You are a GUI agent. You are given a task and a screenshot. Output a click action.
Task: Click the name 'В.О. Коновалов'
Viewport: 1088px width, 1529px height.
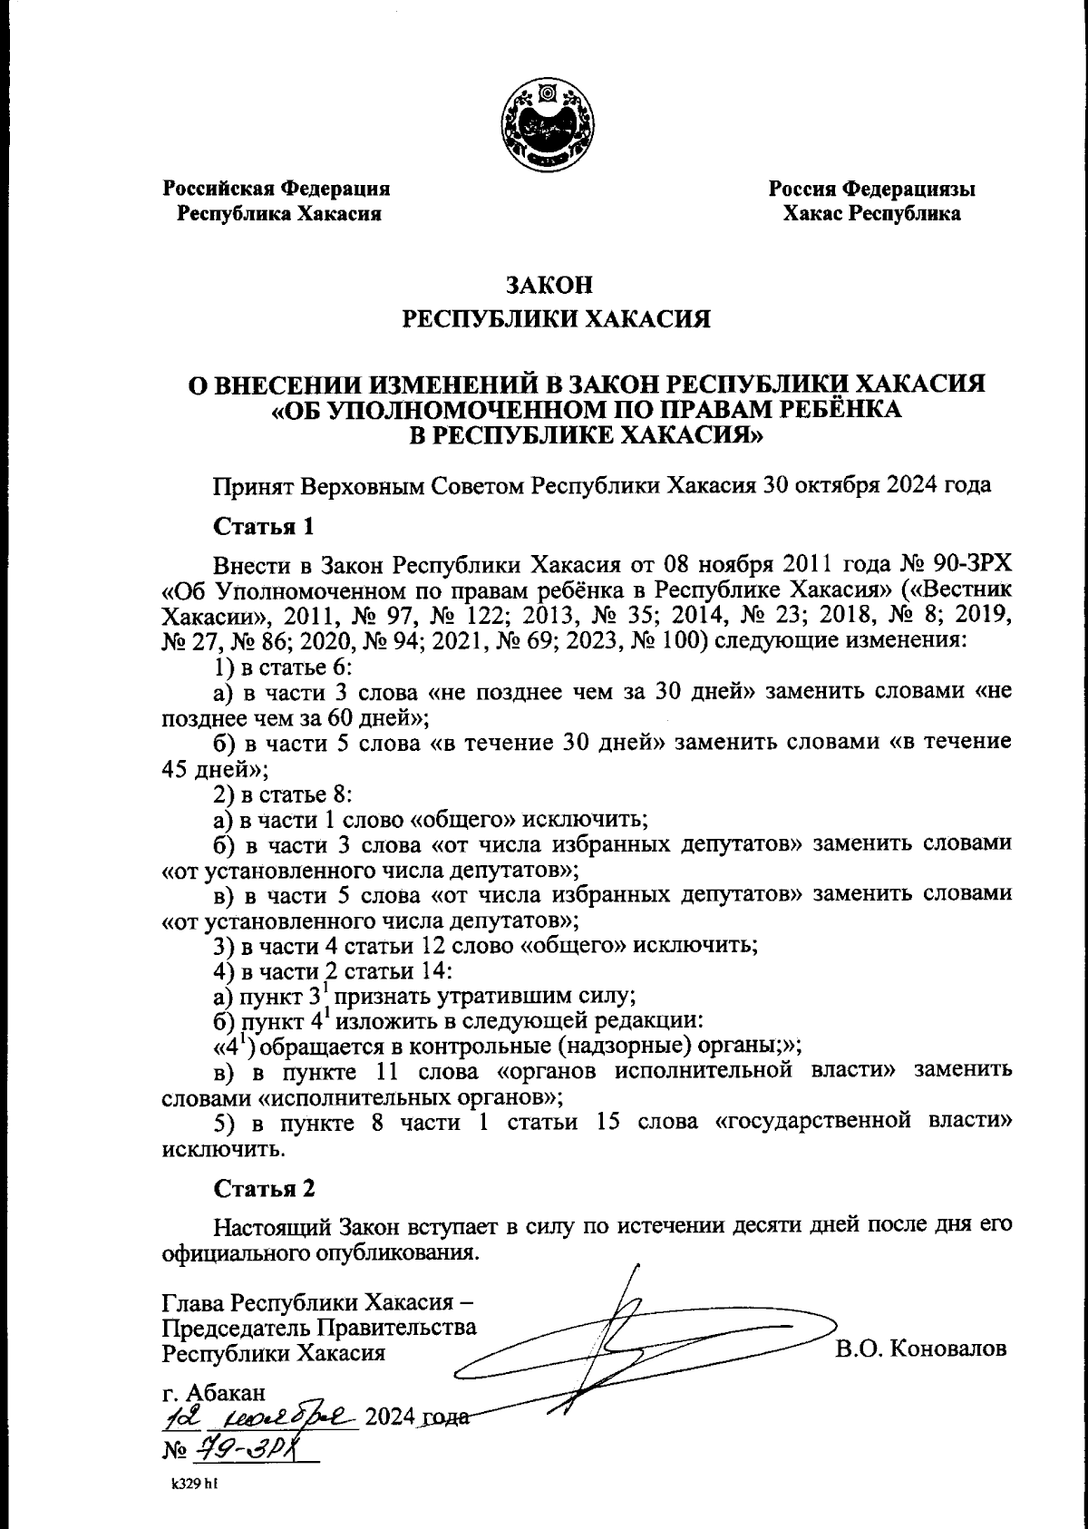tap(921, 1348)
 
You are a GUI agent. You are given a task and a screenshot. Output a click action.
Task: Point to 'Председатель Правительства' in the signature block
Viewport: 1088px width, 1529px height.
tap(319, 1327)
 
